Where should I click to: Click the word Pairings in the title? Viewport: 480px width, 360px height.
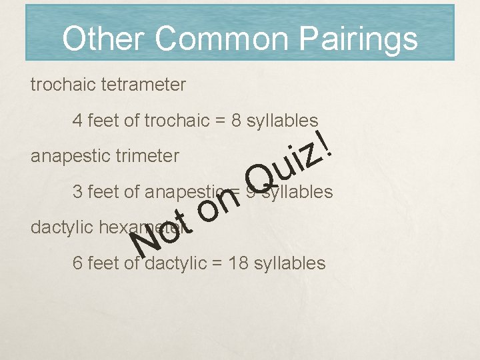click(x=358, y=39)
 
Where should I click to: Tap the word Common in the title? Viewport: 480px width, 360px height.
click(x=223, y=39)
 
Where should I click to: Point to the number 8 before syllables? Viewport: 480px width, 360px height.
click(x=236, y=121)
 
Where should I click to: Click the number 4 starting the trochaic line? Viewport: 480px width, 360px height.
click(x=77, y=121)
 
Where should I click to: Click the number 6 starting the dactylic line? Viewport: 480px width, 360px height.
click(x=77, y=263)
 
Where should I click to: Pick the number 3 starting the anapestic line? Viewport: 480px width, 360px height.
click(x=77, y=192)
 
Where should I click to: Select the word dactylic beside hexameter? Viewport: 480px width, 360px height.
click(x=62, y=227)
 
